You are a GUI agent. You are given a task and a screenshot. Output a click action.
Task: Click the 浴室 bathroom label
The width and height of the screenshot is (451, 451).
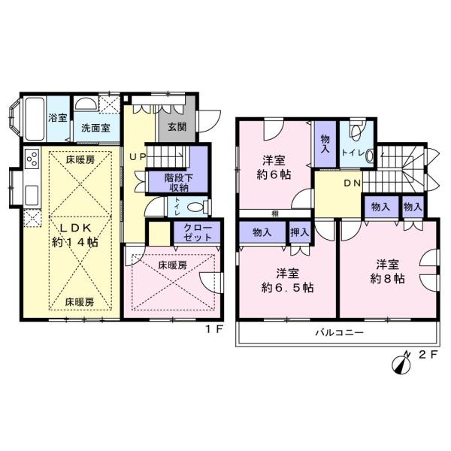click(x=58, y=118)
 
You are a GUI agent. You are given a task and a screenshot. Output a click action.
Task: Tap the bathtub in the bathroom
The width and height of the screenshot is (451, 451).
click(x=35, y=119)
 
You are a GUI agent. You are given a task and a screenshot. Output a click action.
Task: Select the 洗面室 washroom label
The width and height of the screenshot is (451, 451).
click(x=95, y=128)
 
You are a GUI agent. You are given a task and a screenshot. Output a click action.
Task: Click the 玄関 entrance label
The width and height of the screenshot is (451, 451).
click(x=177, y=127)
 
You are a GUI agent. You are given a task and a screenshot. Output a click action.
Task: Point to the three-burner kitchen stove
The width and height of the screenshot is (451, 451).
click(x=32, y=159)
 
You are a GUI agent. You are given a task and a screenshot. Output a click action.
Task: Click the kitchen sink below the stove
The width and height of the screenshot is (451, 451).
click(x=32, y=195)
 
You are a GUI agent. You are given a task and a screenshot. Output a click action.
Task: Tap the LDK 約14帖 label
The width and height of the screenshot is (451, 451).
click(x=75, y=235)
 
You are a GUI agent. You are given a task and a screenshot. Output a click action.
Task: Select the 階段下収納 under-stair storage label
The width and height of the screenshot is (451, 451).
click(x=178, y=183)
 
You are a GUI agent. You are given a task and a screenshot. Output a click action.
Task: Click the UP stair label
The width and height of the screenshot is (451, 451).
click(x=138, y=157)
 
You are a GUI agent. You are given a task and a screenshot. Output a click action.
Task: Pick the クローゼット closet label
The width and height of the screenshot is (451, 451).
click(x=198, y=232)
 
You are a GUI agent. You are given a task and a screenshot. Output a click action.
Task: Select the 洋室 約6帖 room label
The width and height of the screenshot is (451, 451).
click(x=274, y=168)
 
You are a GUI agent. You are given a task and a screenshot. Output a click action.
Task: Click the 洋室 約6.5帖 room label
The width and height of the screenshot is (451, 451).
click(x=287, y=280)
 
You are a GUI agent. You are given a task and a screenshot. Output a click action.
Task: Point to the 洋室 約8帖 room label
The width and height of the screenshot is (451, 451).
click(x=387, y=271)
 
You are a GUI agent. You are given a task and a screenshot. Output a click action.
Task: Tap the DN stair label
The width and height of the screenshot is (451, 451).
click(x=353, y=183)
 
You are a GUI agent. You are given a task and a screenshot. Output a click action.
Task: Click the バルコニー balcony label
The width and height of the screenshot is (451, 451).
click(x=340, y=333)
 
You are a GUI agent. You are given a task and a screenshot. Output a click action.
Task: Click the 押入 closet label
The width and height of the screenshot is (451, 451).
click(x=300, y=232)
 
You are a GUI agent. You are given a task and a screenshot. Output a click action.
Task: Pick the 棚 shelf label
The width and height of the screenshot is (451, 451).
click(x=275, y=213)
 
